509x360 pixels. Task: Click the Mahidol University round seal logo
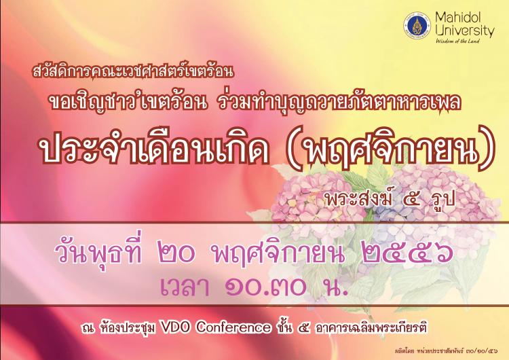[417, 26]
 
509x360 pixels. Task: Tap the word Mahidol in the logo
[458, 18]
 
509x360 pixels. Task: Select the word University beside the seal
[465, 31]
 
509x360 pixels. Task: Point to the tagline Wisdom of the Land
[457, 41]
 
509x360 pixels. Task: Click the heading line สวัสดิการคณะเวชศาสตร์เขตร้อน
[133, 71]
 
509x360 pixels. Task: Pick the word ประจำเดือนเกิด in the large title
[154, 149]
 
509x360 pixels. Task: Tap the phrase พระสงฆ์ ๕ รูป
[390, 198]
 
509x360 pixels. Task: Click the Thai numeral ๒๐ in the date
[177, 254]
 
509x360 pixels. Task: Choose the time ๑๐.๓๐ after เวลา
[266, 286]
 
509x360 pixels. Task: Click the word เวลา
[185, 286]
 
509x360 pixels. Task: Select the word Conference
[233, 327]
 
